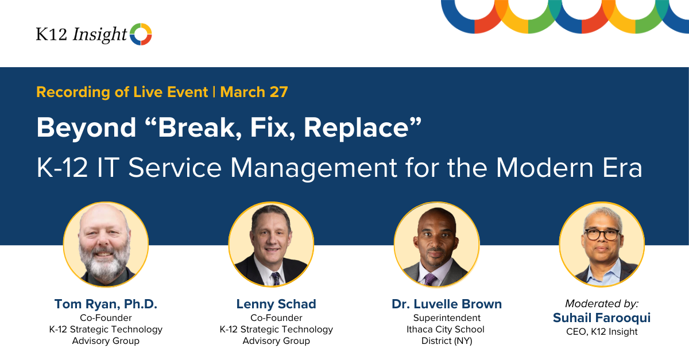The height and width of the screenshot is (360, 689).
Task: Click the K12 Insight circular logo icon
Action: (141, 34)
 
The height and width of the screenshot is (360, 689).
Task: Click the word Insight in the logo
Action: (99, 35)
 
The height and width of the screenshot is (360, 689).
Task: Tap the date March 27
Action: (254, 92)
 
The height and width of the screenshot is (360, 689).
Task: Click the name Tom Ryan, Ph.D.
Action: (106, 304)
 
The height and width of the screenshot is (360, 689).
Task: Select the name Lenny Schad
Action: (276, 304)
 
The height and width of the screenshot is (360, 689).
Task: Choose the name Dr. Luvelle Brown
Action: (447, 304)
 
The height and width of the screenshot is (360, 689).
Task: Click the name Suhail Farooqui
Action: (602, 318)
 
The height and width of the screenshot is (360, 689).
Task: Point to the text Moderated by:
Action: (602, 303)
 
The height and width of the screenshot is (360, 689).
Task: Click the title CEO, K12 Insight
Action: (602, 331)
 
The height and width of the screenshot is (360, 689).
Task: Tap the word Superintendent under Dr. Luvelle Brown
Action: (447, 318)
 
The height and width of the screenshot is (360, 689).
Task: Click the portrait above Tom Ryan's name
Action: (106, 244)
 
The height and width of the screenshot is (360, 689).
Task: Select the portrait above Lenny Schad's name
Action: (271, 244)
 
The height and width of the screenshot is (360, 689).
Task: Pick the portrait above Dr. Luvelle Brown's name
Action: (436, 244)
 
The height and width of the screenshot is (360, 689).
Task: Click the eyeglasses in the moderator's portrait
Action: (602, 234)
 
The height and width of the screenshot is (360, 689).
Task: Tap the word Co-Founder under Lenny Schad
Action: (276, 318)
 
